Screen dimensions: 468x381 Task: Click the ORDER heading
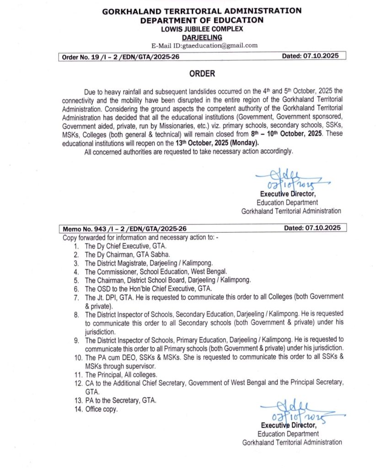tap(202, 74)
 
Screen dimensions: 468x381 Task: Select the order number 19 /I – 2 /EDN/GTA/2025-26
tap(127, 56)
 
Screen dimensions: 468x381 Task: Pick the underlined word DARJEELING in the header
tap(202, 37)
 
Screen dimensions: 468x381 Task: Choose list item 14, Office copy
tap(101, 409)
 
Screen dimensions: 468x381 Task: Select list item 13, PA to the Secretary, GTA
tap(120, 401)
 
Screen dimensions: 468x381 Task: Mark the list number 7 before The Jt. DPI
tap(76, 297)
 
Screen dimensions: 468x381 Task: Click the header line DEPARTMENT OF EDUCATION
tap(202, 20)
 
